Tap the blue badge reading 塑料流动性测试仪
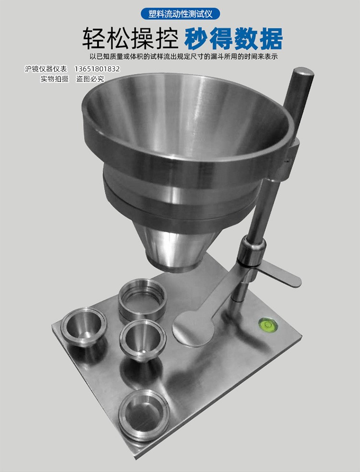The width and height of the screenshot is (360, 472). pos(180,14)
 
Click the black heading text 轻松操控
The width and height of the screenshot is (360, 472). pos(131,39)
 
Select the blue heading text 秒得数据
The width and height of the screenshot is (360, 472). pos(233,39)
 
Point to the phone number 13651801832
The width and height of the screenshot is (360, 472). pos(97,69)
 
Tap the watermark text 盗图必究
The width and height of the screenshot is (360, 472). pos(90,79)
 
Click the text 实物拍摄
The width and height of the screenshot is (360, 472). pos(55,79)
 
